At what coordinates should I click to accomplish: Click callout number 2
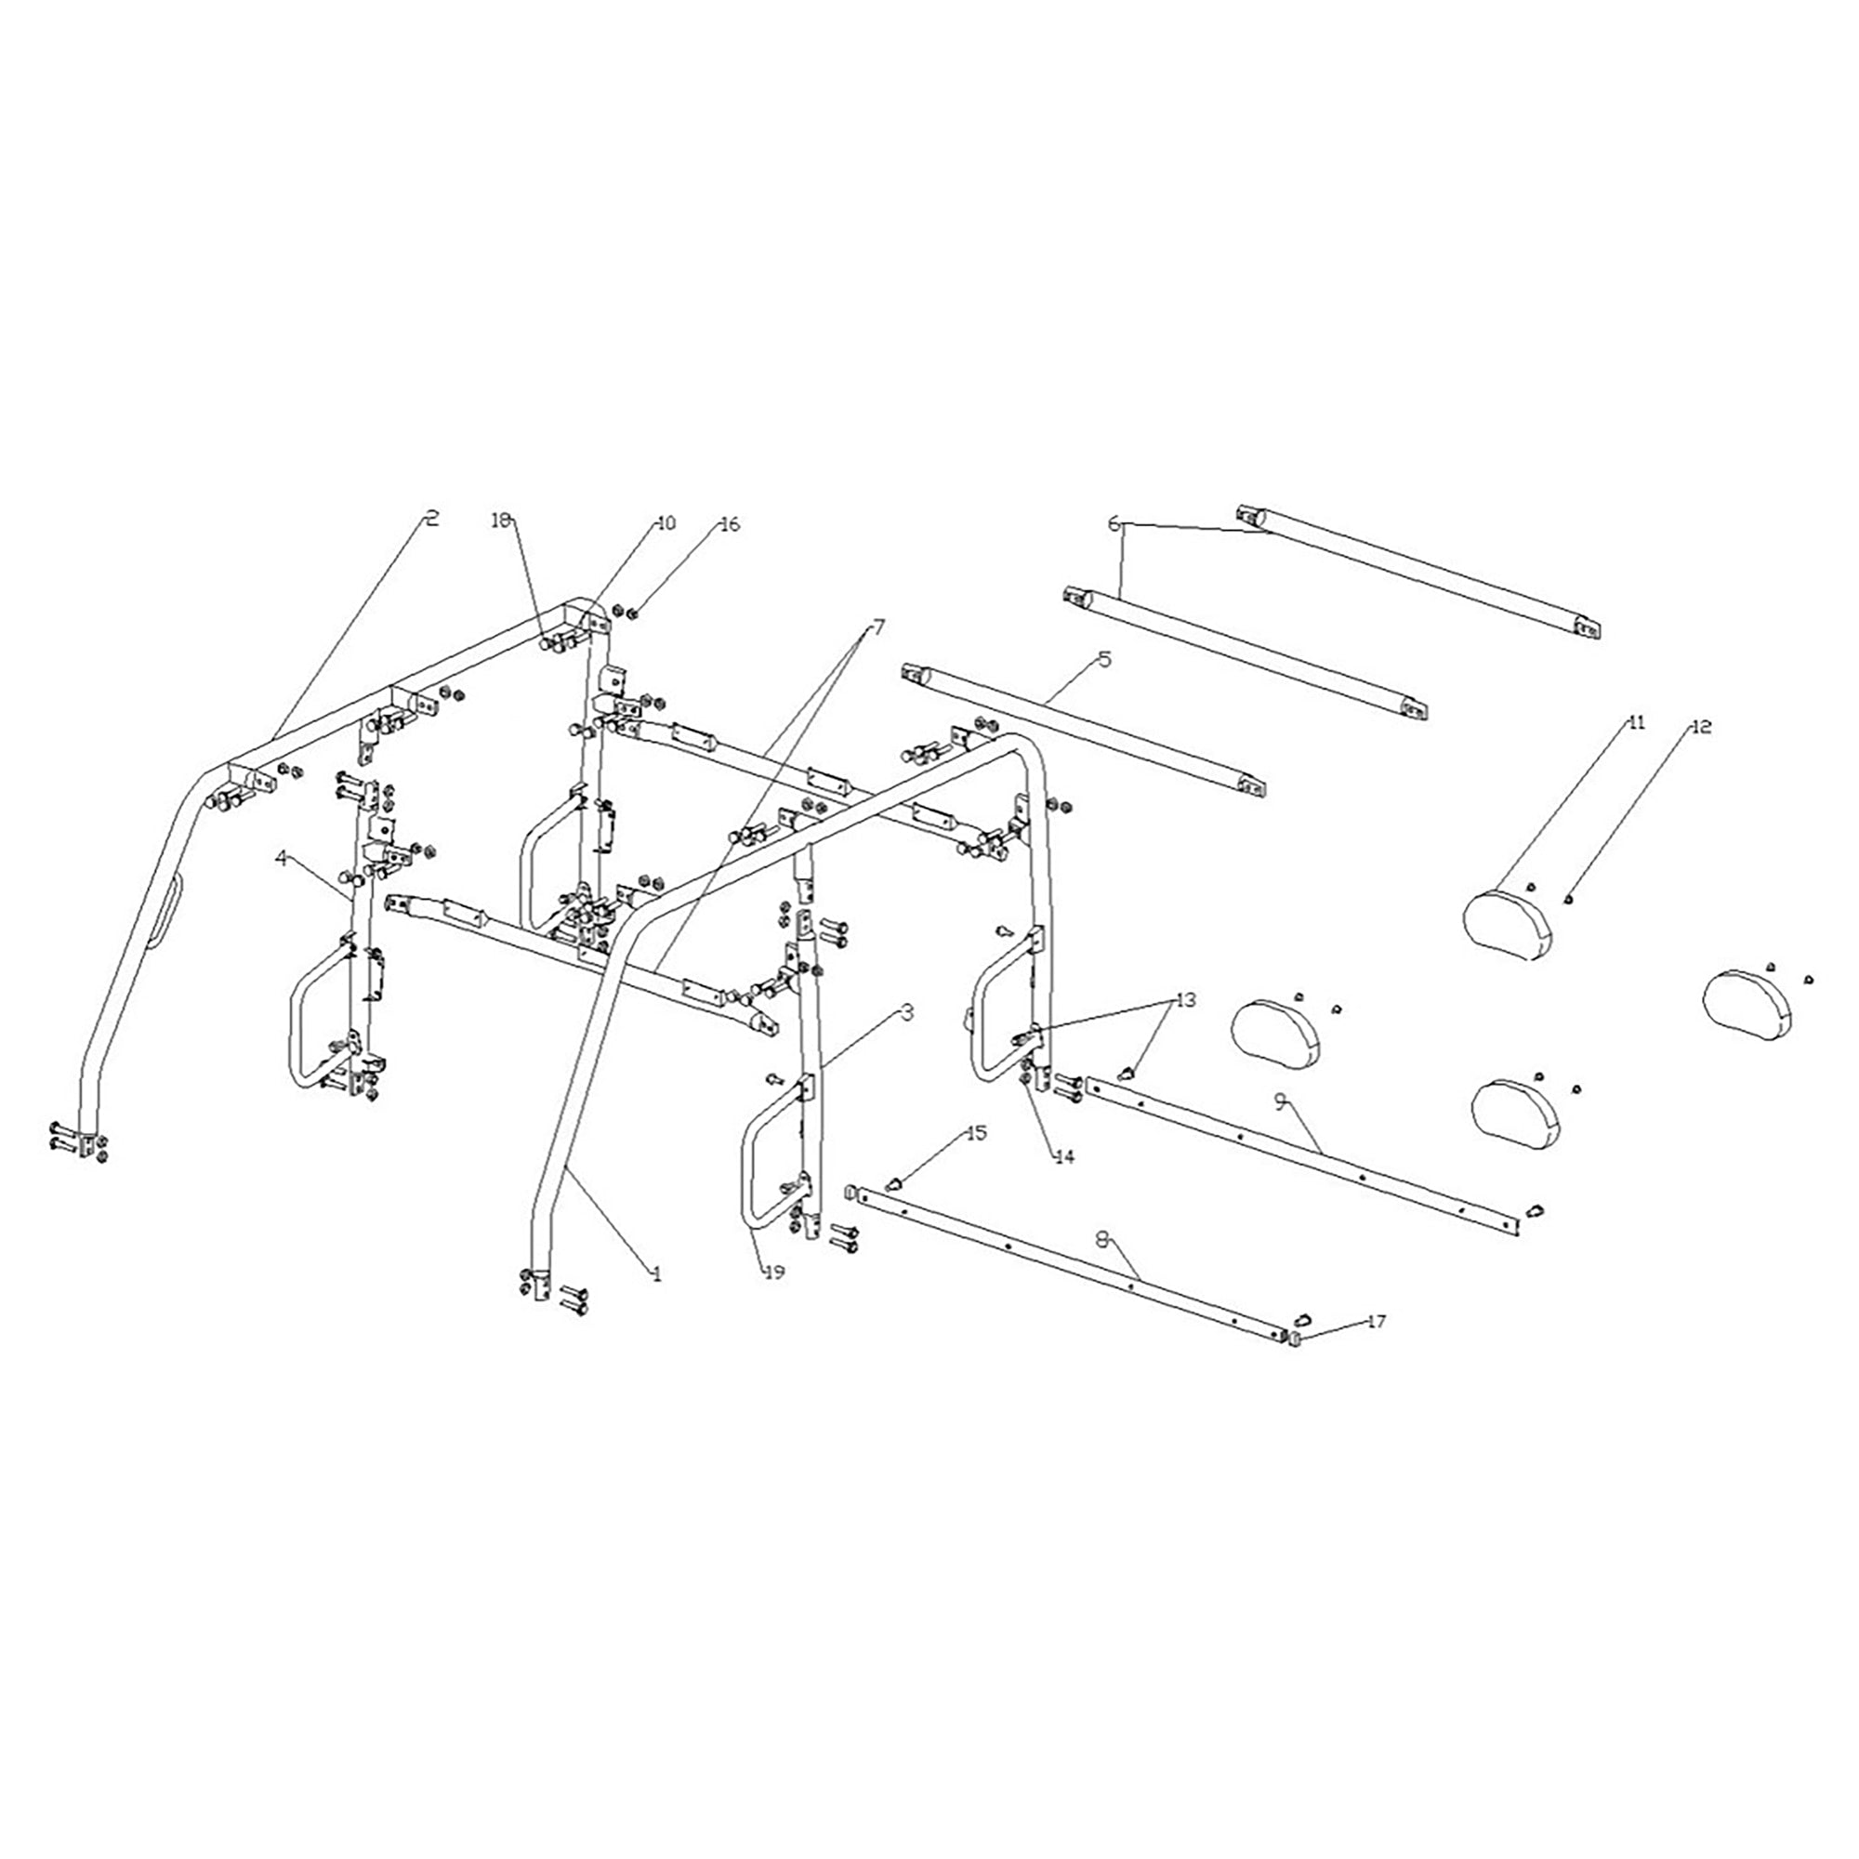tap(432, 519)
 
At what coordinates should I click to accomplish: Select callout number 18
tap(500, 521)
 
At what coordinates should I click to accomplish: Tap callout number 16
tap(732, 524)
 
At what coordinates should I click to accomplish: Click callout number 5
tap(1103, 660)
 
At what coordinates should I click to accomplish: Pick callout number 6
tap(1114, 523)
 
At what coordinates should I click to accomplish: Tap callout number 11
tap(1636, 722)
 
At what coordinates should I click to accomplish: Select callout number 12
tap(1701, 728)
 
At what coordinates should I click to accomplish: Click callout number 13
tap(1185, 1001)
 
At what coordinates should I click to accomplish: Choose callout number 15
tap(976, 1133)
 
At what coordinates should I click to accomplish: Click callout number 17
tap(1377, 1322)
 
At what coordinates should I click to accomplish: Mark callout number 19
tap(773, 1273)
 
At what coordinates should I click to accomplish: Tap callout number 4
tap(281, 859)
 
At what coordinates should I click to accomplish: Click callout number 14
tap(1063, 1157)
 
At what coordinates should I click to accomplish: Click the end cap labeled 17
tap(1295, 1338)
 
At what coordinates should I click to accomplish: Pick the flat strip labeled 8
tap(1059, 1252)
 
